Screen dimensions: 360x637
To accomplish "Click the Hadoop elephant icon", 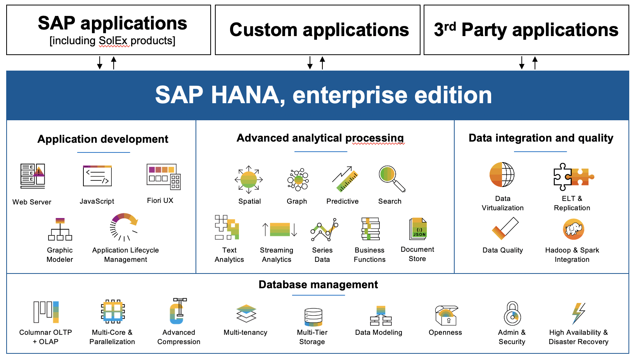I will coord(573,229).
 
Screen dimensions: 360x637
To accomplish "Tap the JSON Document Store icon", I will coord(418,229).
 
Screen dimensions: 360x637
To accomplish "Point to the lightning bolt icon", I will coord(578,313).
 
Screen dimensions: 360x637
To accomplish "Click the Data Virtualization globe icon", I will coord(502,175).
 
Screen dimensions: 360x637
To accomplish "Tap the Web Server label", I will coord(32,202).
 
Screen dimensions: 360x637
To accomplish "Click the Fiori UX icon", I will coord(163,177).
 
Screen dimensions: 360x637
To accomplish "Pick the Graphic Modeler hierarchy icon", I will coord(60,229).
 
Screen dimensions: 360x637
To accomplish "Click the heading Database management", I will coord(318,285).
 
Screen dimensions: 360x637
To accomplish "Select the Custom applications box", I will coord(318,30).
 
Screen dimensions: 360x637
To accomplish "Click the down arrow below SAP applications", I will coord(100,62).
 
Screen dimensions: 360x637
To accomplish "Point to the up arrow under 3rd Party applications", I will coord(535,62).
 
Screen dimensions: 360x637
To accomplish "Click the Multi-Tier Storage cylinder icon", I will coord(313,317).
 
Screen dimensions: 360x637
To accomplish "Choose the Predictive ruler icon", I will coord(344,179).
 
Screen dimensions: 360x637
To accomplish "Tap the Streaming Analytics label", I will coord(277,255).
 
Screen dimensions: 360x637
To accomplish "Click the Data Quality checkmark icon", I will coord(505,228).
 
